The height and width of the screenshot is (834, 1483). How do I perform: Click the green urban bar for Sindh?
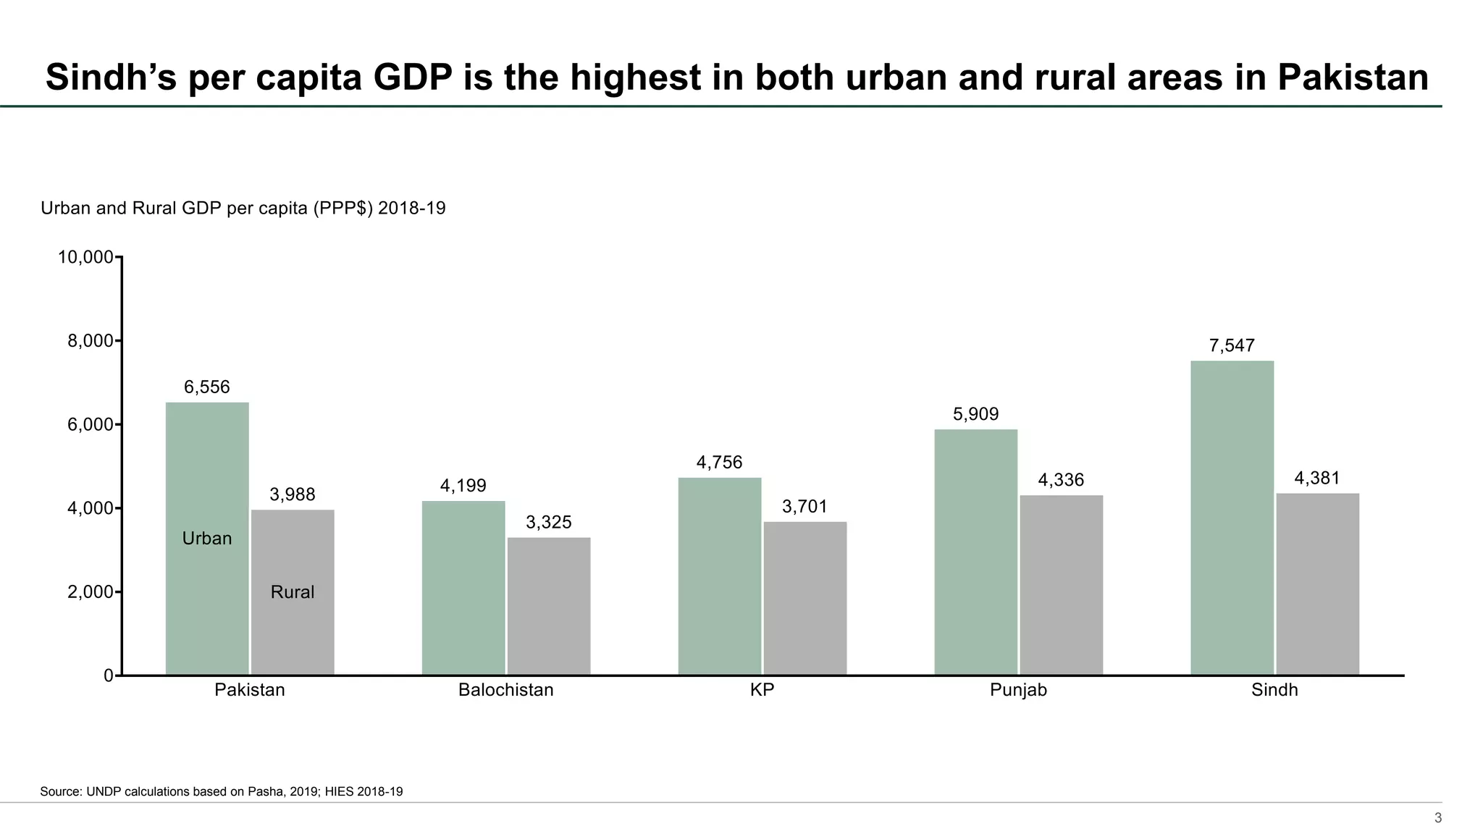tap(1232, 518)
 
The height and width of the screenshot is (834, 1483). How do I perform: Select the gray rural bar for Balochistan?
tap(549, 606)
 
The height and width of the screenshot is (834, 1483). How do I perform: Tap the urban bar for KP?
tap(720, 576)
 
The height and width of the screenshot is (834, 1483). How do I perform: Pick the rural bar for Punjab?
tap(1061, 585)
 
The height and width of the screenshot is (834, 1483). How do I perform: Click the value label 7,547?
tap(1232, 346)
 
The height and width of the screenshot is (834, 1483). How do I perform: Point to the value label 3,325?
tap(549, 523)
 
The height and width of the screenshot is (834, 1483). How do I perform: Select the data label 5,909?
tap(975, 415)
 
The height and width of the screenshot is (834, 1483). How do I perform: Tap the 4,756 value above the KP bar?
tap(720, 463)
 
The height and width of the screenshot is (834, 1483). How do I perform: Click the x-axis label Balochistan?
tap(505, 690)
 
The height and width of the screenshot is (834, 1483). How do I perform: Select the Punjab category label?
tap(1018, 690)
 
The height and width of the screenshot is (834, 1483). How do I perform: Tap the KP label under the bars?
tap(762, 690)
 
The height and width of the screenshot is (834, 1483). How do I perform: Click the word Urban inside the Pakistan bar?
tap(207, 539)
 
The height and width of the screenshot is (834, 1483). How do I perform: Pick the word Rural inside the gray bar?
tap(293, 592)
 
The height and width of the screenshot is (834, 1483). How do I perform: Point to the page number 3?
tap(1438, 819)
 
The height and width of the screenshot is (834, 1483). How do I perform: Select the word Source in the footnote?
tap(61, 792)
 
